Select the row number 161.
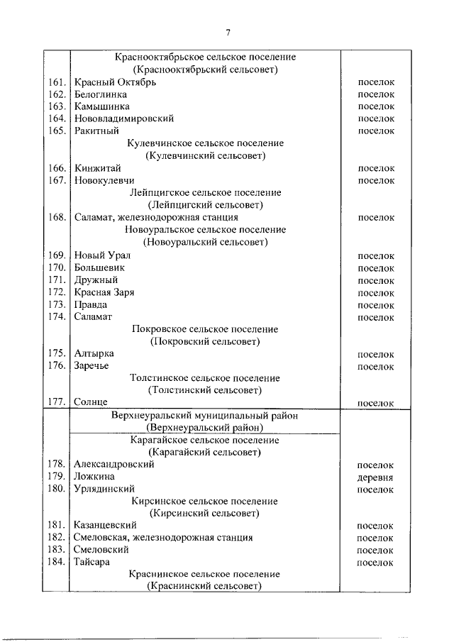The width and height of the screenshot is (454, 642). [x=57, y=82]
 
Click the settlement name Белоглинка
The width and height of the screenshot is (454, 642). [x=100, y=94]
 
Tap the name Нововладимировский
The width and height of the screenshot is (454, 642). [x=123, y=118]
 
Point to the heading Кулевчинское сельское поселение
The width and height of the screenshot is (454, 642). [x=205, y=143]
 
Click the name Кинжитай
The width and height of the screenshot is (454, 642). [x=97, y=168]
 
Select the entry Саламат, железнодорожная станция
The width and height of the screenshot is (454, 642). [x=155, y=218]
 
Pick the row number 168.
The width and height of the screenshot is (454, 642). [x=57, y=218]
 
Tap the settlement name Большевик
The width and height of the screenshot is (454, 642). [x=99, y=268]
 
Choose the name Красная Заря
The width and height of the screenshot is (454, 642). [x=104, y=292]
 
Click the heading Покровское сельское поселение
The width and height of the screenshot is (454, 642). [x=205, y=329]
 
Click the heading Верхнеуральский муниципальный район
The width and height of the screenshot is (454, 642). [x=205, y=416]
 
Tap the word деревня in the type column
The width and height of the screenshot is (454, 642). [x=376, y=477]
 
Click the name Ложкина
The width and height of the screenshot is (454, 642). [x=94, y=477]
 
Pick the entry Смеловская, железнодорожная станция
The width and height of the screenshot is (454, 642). [x=162, y=538]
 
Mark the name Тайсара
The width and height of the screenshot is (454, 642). [x=93, y=563]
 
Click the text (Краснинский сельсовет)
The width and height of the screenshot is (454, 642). [x=205, y=587]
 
